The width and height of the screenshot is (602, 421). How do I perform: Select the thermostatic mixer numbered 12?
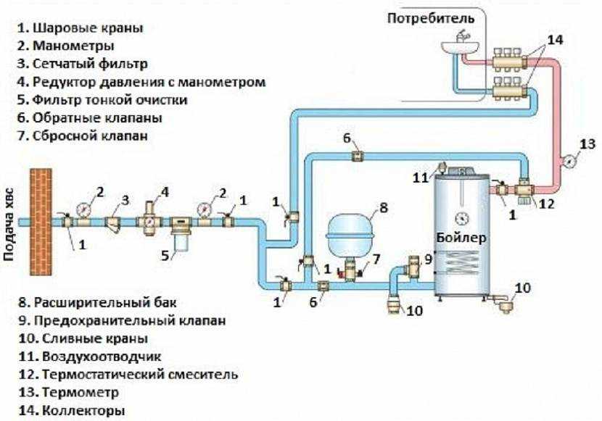pyautogui.click(x=521, y=191)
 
